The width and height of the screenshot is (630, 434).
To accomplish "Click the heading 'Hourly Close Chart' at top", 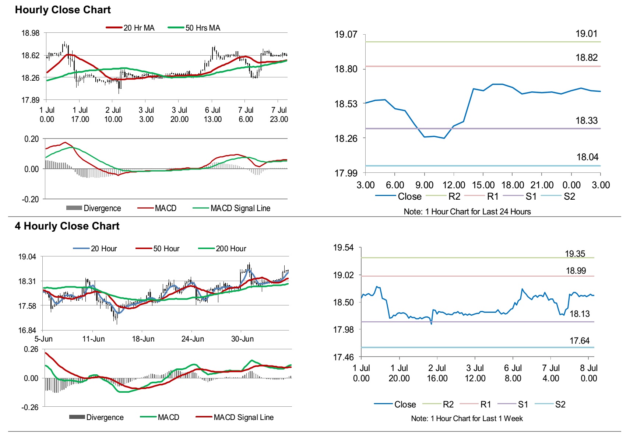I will tap(63, 10).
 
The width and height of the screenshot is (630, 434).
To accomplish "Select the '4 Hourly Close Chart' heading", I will tap(67, 226).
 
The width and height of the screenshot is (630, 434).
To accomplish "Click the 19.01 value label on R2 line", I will tap(586, 34).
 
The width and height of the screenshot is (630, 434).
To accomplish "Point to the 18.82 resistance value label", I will tap(586, 58).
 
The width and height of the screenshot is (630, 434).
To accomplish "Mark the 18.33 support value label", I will tap(586, 120).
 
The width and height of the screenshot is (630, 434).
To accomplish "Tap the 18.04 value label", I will tap(587, 157).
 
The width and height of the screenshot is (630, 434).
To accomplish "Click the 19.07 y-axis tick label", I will tap(345, 35).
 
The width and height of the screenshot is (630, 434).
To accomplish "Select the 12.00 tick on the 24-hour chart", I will tap(454, 185).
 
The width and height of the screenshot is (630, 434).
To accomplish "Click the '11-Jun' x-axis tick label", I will tap(94, 339).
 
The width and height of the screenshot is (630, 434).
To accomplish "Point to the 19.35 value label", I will tap(575, 254).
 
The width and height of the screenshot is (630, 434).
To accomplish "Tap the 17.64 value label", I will tap(579, 341).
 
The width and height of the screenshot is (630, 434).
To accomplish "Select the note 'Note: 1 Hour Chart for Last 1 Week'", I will tap(467, 419).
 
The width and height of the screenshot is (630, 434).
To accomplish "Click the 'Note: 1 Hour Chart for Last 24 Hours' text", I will tap(467, 211).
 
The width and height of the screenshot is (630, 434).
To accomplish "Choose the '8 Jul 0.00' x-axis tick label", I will tap(588, 373).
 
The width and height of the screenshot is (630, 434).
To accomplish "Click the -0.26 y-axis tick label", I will tap(30, 407).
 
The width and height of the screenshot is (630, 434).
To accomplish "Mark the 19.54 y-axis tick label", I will tap(343, 248).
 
